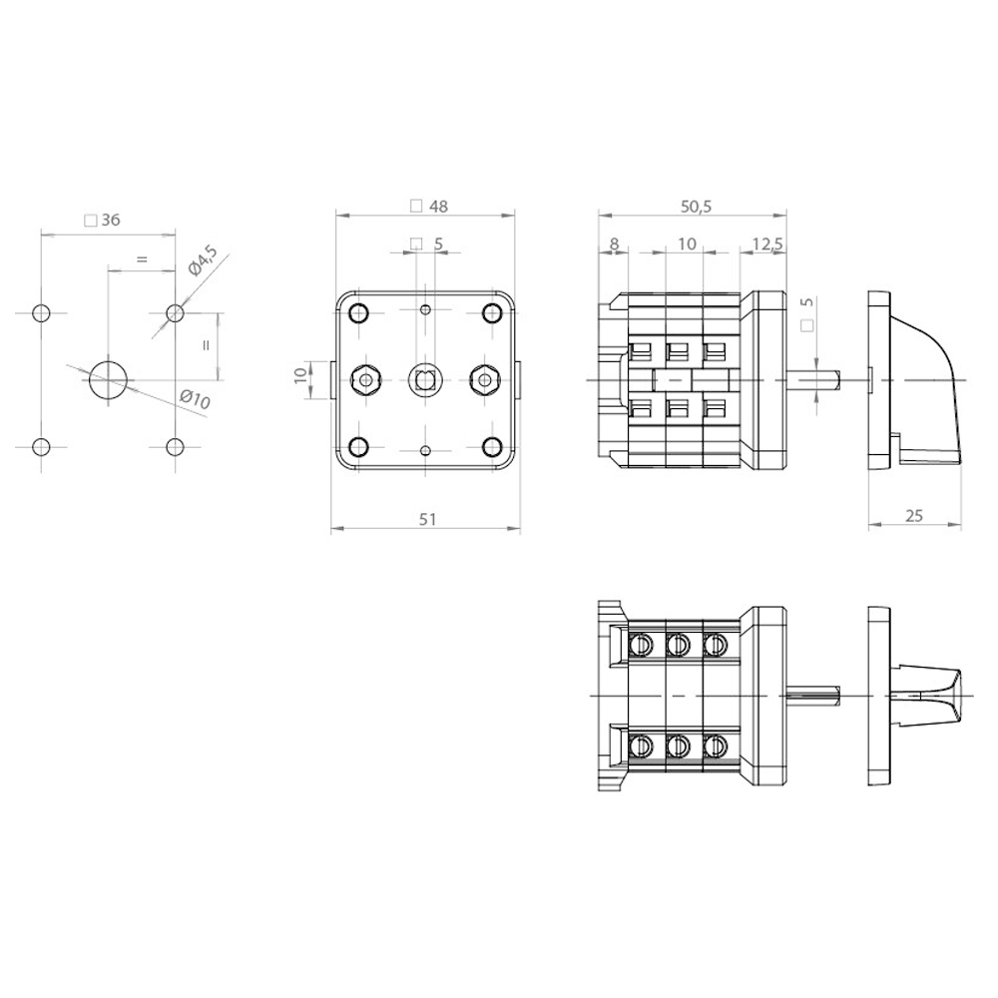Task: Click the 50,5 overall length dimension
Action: (696, 207)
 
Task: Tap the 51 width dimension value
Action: (428, 519)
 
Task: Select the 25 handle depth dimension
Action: (913, 516)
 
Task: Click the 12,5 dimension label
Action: (767, 244)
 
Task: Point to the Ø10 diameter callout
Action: (195, 400)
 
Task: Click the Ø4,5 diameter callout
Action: (203, 260)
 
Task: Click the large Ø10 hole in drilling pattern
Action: (108, 380)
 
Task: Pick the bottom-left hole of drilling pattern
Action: (41, 447)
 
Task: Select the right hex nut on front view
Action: (484, 380)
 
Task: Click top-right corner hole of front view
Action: (491, 313)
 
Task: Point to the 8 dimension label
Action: (614, 244)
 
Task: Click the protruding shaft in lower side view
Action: (813, 696)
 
